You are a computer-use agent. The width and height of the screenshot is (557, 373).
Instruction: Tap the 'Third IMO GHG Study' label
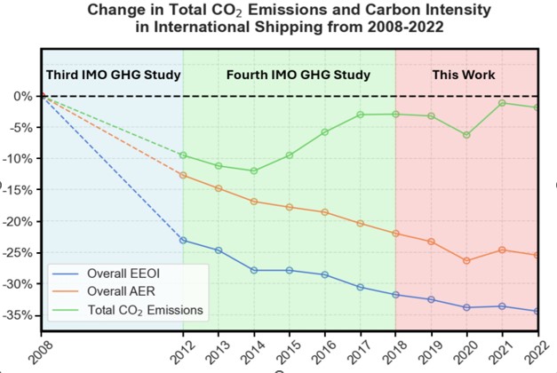(x=113, y=75)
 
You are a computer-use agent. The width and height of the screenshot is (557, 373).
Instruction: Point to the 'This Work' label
(x=464, y=75)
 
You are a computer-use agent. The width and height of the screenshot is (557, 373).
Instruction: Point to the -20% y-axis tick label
(x=20, y=221)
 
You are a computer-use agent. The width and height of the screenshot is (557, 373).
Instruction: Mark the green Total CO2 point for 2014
(x=254, y=171)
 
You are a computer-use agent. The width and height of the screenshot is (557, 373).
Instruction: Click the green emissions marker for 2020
(x=466, y=135)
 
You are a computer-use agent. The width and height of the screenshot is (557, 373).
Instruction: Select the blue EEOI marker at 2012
(x=183, y=240)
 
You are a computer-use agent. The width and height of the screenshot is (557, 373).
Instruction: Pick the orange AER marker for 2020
(x=466, y=261)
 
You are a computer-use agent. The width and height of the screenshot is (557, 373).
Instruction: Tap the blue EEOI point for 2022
(x=537, y=311)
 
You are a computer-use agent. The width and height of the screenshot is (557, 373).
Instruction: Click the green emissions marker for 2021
(x=502, y=103)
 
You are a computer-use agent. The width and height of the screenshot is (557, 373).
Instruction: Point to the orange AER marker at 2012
(x=183, y=175)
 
